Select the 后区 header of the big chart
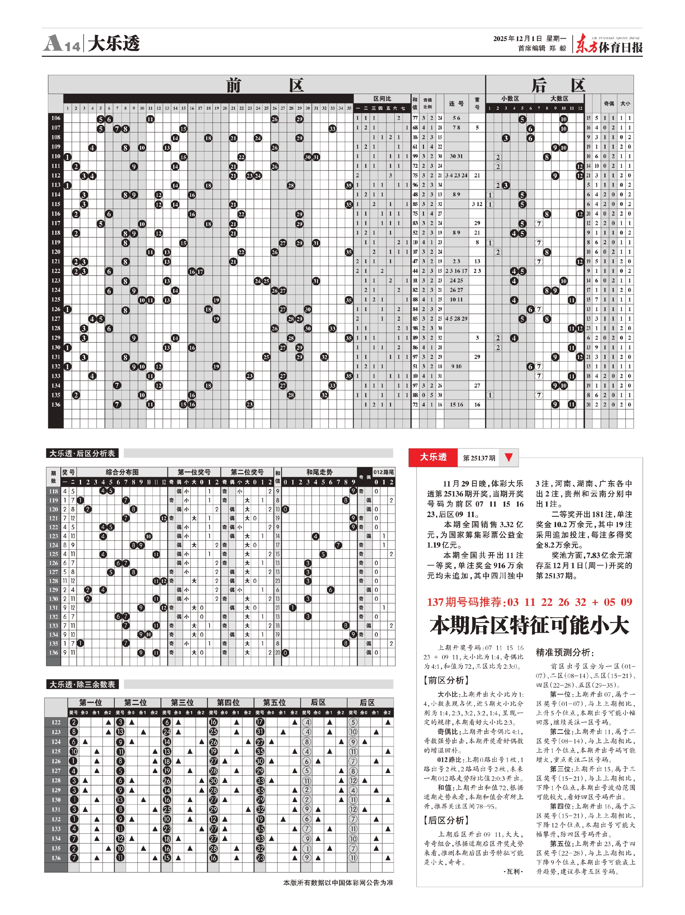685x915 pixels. pyautogui.click(x=559, y=85)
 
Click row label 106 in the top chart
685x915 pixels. pyautogui.click(x=56, y=118)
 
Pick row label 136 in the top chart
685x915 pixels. pyautogui.click(x=56, y=405)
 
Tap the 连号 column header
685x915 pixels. pyautogui.click(x=456, y=103)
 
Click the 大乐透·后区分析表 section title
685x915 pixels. pyautogui.click(x=82, y=453)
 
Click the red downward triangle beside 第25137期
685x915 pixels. pyautogui.click(x=509, y=457)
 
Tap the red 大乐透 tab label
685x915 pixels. pyautogui.click(x=433, y=457)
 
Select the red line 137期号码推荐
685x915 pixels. pyautogui.click(x=529, y=602)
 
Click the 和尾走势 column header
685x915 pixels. pyautogui.click(x=319, y=472)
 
